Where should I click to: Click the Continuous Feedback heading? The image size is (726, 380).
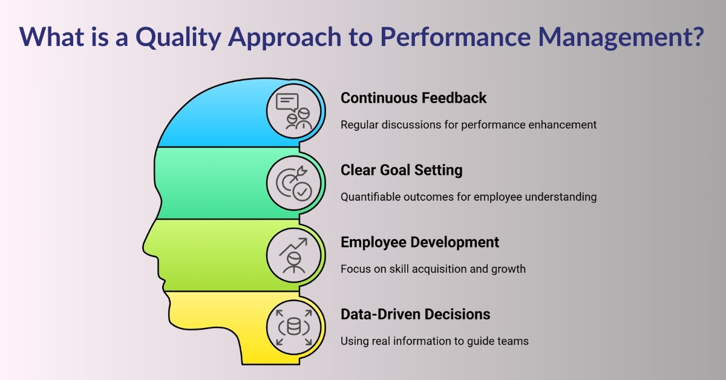[413, 97]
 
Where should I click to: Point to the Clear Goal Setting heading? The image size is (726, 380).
[401, 170]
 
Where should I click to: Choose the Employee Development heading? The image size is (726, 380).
[420, 242]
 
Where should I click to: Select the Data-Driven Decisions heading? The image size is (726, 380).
[415, 314]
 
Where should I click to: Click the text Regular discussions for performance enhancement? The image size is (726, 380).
[468, 125]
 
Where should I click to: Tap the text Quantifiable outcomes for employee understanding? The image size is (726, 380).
[468, 197]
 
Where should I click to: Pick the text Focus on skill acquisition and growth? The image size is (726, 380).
[433, 269]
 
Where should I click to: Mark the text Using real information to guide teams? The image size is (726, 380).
[434, 341]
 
